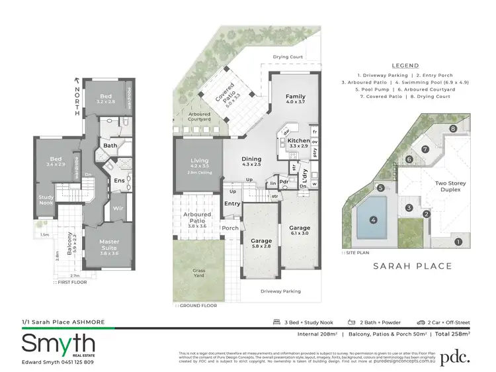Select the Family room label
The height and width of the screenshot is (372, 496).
295,100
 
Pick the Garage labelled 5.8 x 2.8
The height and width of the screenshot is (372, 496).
261,243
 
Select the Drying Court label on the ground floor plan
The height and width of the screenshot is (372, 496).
288,58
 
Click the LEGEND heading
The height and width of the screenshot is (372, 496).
404,66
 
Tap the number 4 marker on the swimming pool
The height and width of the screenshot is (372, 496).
373,220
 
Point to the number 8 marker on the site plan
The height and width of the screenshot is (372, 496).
453,128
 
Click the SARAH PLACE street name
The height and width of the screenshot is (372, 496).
413,266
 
